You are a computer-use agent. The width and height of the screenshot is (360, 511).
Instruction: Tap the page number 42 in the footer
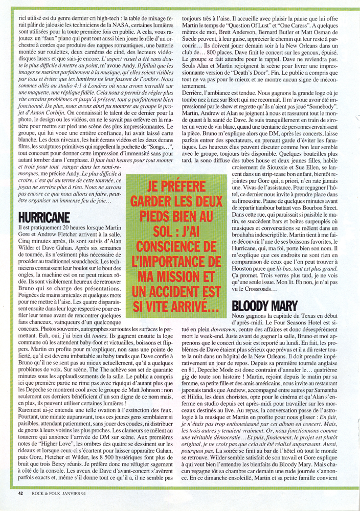21,493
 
